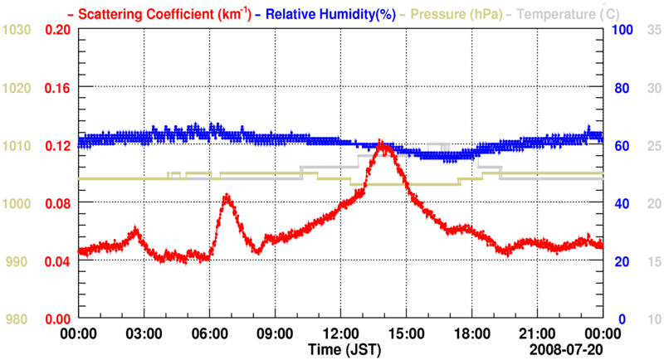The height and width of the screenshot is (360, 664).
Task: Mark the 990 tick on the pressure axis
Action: pos(18,261)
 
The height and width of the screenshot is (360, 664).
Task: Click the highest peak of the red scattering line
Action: pos(381,144)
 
